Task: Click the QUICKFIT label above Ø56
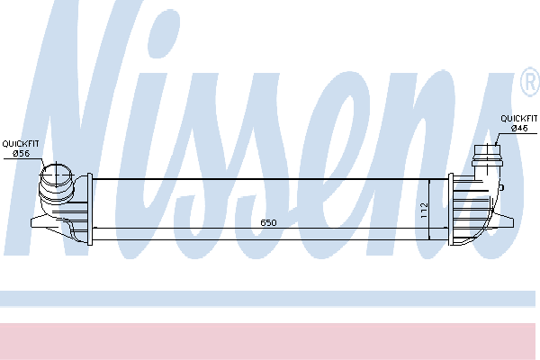pos(21,144)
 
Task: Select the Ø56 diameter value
pos(21,154)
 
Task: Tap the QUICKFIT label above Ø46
pos(518,119)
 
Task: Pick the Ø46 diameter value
pos(519,129)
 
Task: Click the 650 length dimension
pos(268,222)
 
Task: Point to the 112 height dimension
pos(424,210)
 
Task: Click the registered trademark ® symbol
pos(530,82)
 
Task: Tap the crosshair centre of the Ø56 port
pos(57,175)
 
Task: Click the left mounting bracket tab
pos(39,222)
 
